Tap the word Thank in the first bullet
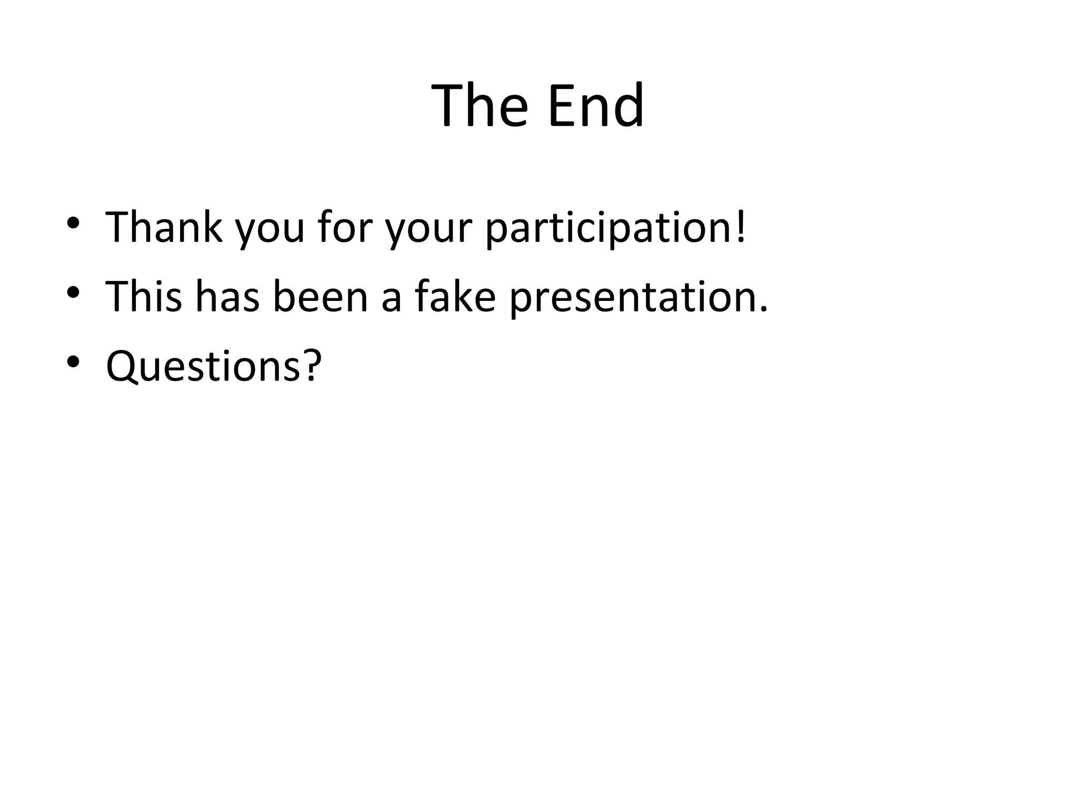click(164, 227)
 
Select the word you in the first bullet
click(269, 231)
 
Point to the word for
click(344, 227)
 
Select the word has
click(228, 297)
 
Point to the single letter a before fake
click(391, 301)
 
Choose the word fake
click(455, 297)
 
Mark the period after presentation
click(764, 310)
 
